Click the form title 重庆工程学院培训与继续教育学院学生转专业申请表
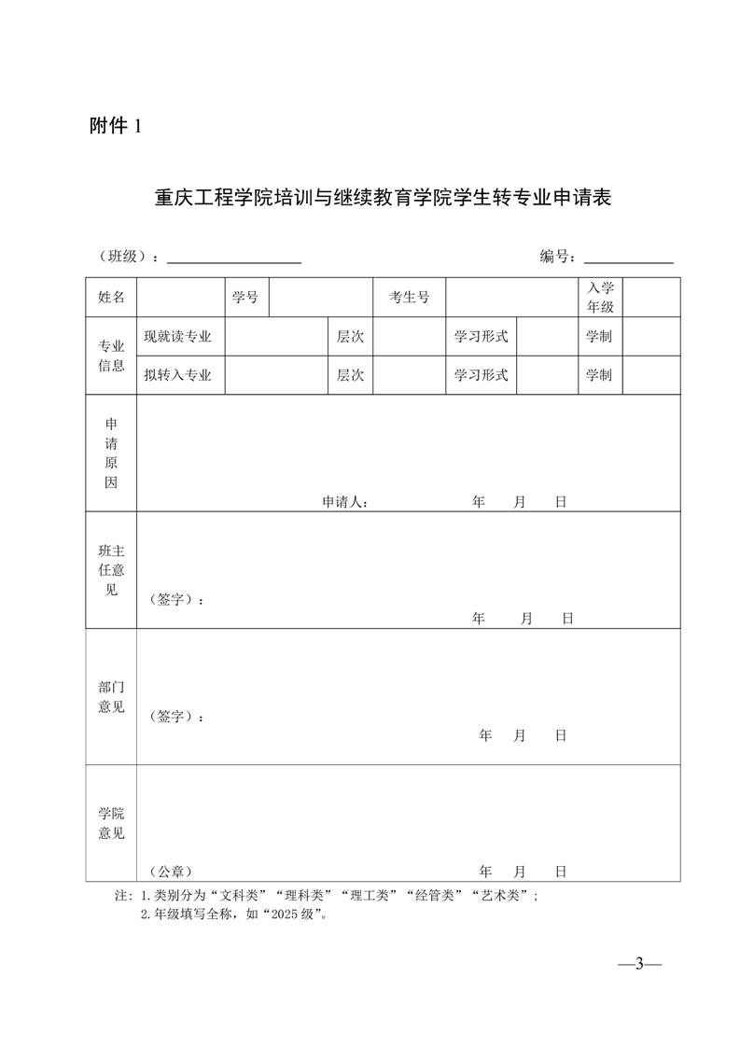click(383, 199)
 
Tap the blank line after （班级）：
click(233, 260)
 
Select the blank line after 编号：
click(628, 260)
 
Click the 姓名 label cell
click(111, 298)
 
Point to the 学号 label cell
click(245, 298)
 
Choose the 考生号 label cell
click(409, 298)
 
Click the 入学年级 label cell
click(600, 298)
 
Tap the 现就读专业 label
click(177, 336)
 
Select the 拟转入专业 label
click(177, 375)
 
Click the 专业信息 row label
click(111, 356)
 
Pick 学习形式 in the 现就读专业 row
click(481, 336)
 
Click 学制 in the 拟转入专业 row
click(599, 375)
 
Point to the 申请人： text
click(345, 502)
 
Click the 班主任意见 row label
click(111, 570)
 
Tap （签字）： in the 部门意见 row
click(176, 717)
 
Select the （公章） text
click(170, 872)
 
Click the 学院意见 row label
click(111, 823)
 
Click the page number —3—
click(640, 964)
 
